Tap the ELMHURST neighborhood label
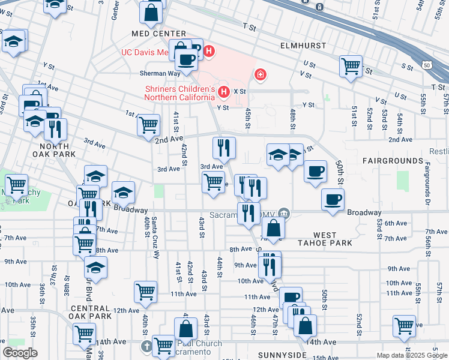[303, 46]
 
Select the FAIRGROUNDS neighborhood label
[393, 161]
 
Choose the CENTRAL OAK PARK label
[91, 311]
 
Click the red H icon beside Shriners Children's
[224, 92]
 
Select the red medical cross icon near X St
[260, 75]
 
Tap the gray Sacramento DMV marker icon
[284, 212]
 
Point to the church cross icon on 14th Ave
[148, 346]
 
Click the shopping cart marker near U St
[351, 65]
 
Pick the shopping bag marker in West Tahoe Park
[273, 228]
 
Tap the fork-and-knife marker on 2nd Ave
[224, 146]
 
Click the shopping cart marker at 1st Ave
[148, 124]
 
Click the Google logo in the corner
[20, 353]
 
